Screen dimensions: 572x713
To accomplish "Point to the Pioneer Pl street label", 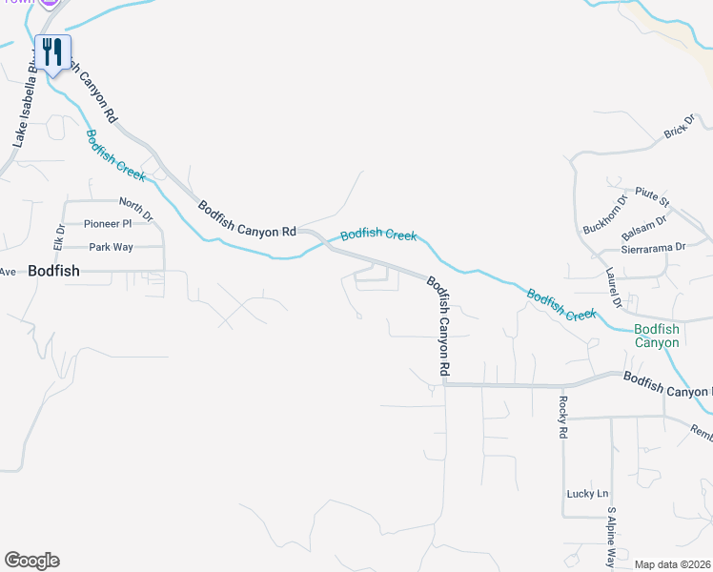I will pyautogui.click(x=108, y=224).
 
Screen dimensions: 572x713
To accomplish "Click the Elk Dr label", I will pyautogui.click(x=59, y=237).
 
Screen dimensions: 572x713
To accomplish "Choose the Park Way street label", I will pyautogui.click(x=112, y=247).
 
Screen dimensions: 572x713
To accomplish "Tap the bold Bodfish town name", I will pyautogui.click(x=54, y=271).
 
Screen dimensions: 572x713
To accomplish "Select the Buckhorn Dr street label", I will pyautogui.click(x=605, y=215).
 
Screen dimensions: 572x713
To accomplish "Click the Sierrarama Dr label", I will pyautogui.click(x=653, y=247).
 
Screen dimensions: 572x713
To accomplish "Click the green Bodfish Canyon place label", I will pyautogui.click(x=658, y=336).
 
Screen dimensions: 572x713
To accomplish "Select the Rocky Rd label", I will pyautogui.click(x=563, y=416).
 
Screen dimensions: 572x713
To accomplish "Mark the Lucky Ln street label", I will pyautogui.click(x=587, y=494).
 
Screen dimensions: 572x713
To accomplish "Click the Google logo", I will pyautogui.click(x=31, y=561).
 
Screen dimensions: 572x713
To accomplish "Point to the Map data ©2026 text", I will pyautogui.click(x=671, y=564).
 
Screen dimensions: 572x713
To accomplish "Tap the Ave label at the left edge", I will pyautogui.click(x=9, y=272).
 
